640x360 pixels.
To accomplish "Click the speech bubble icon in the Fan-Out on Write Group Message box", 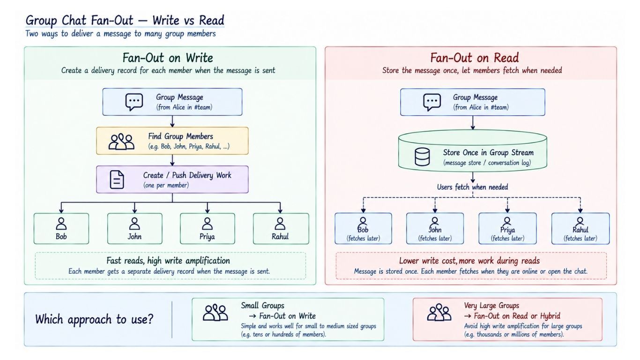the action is pyautogui.click(x=134, y=102).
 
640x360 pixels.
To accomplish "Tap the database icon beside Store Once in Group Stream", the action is pyautogui.click(x=422, y=157).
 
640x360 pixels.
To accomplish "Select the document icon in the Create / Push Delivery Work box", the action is pyautogui.click(x=117, y=180).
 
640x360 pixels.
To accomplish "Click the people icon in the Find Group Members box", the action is pyautogui.click(x=121, y=141).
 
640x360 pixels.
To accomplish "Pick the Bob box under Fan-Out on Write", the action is pyautogui.click(x=61, y=228).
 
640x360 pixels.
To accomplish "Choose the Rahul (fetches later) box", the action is pyautogui.click(x=580, y=228).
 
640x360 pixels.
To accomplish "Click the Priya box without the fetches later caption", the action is pyautogui.click(x=208, y=228).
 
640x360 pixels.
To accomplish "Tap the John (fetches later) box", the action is pyautogui.click(x=435, y=228).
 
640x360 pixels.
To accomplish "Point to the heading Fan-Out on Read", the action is pyautogui.click(x=474, y=58).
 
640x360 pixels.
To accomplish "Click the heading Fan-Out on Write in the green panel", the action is pyautogui.click(x=168, y=58).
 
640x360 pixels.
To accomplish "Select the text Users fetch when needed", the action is pyautogui.click(x=473, y=187).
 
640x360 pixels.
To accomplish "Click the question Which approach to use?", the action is pyautogui.click(x=94, y=319).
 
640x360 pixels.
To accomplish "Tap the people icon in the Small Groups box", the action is pyautogui.click(x=216, y=312).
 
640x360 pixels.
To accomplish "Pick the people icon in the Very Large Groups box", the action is pyautogui.click(x=439, y=312).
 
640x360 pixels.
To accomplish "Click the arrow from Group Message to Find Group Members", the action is pyautogui.click(x=172, y=121).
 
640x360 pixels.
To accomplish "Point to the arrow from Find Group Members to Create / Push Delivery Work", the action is pyautogui.click(x=172, y=160).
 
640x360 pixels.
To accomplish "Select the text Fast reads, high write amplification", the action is pyautogui.click(x=168, y=261).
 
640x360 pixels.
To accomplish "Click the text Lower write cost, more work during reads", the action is pyautogui.click(x=469, y=261).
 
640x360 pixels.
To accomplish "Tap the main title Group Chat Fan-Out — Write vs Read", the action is pyautogui.click(x=125, y=20).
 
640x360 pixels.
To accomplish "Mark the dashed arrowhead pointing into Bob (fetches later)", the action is pyautogui.click(x=363, y=211).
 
